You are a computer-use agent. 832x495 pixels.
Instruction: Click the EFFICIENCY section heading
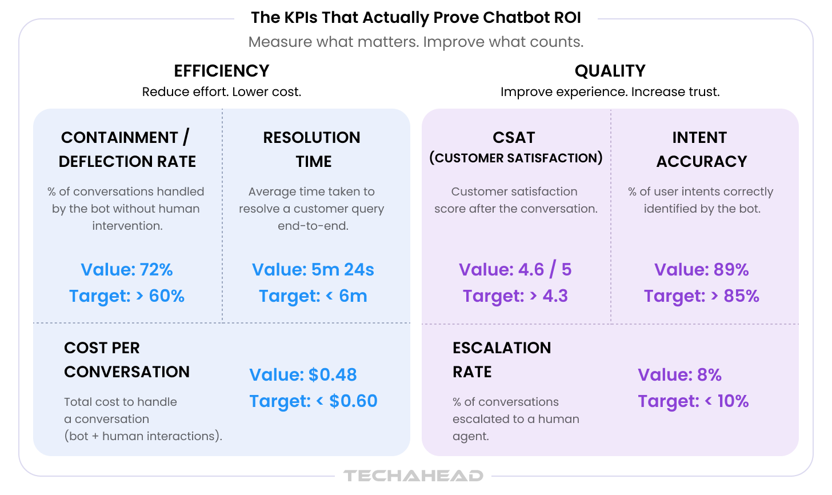pyautogui.click(x=221, y=71)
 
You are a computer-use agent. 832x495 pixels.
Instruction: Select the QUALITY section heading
pyautogui.click(x=610, y=71)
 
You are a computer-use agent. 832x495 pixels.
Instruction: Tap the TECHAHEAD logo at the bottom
pyautogui.click(x=413, y=476)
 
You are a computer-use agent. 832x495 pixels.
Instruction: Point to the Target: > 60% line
pyautogui.click(x=127, y=296)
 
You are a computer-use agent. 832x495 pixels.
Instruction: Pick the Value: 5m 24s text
pyautogui.click(x=313, y=269)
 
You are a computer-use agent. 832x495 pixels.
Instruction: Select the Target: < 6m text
pyautogui.click(x=313, y=296)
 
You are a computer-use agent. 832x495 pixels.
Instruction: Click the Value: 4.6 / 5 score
pyautogui.click(x=515, y=269)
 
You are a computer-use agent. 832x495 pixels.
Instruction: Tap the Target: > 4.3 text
pyautogui.click(x=515, y=296)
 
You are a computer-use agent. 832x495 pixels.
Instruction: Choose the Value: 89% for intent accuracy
pyautogui.click(x=701, y=269)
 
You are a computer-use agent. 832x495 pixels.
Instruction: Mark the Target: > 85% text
pyautogui.click(x=701, y=296)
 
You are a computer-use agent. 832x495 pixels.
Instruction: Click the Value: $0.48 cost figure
pyautogui.click(x=303, y=374)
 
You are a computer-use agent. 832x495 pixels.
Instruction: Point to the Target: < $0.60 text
pyautogui.click(x=313, y=401)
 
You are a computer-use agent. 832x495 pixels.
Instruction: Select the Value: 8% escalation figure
pyautogui.click(x=679, y=374)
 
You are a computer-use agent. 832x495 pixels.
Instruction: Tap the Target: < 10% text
pyautogui.click(x=693, y=401)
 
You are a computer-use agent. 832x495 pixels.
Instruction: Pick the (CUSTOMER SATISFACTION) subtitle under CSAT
pyautogui.click(x=515, y=158)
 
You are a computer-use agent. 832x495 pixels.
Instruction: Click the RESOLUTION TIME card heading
pyautogui.click(x=312, y=149)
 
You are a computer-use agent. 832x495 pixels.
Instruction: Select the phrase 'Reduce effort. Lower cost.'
pyautogui.click(x=221, y=92)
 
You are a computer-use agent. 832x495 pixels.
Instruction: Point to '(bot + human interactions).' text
pyautogui.click(x=143, y=436)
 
